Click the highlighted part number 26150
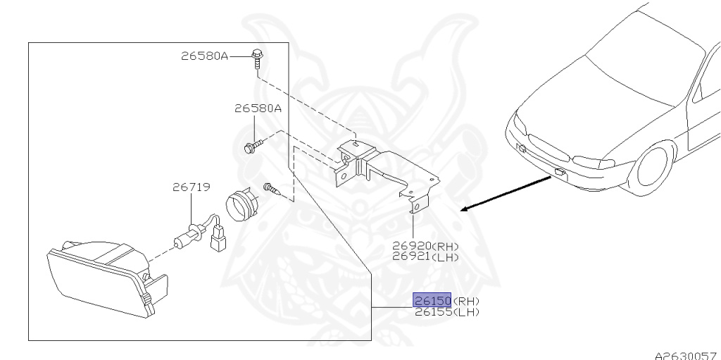[x=432, y=301]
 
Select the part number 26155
[x=432, y=312]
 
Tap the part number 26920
[x=411, y=247]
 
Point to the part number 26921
[x=411, y=257]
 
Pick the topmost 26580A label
[x=205, y=56]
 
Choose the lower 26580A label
[x=258, y=108]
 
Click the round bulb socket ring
[x=241, y=203]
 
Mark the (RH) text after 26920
[x=444, y=247]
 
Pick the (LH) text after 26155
[x=465, y=312]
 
